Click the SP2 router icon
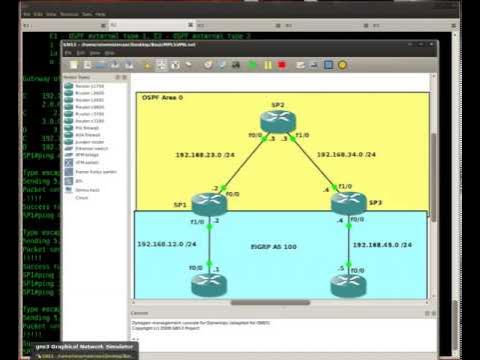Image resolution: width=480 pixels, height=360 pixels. [x=278, y=122]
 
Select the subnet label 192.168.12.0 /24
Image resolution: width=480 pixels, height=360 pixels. [x=162, y=243]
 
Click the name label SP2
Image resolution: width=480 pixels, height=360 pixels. [x=278, y=104]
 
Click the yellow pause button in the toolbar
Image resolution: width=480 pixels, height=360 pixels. [x=268, y=65]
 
